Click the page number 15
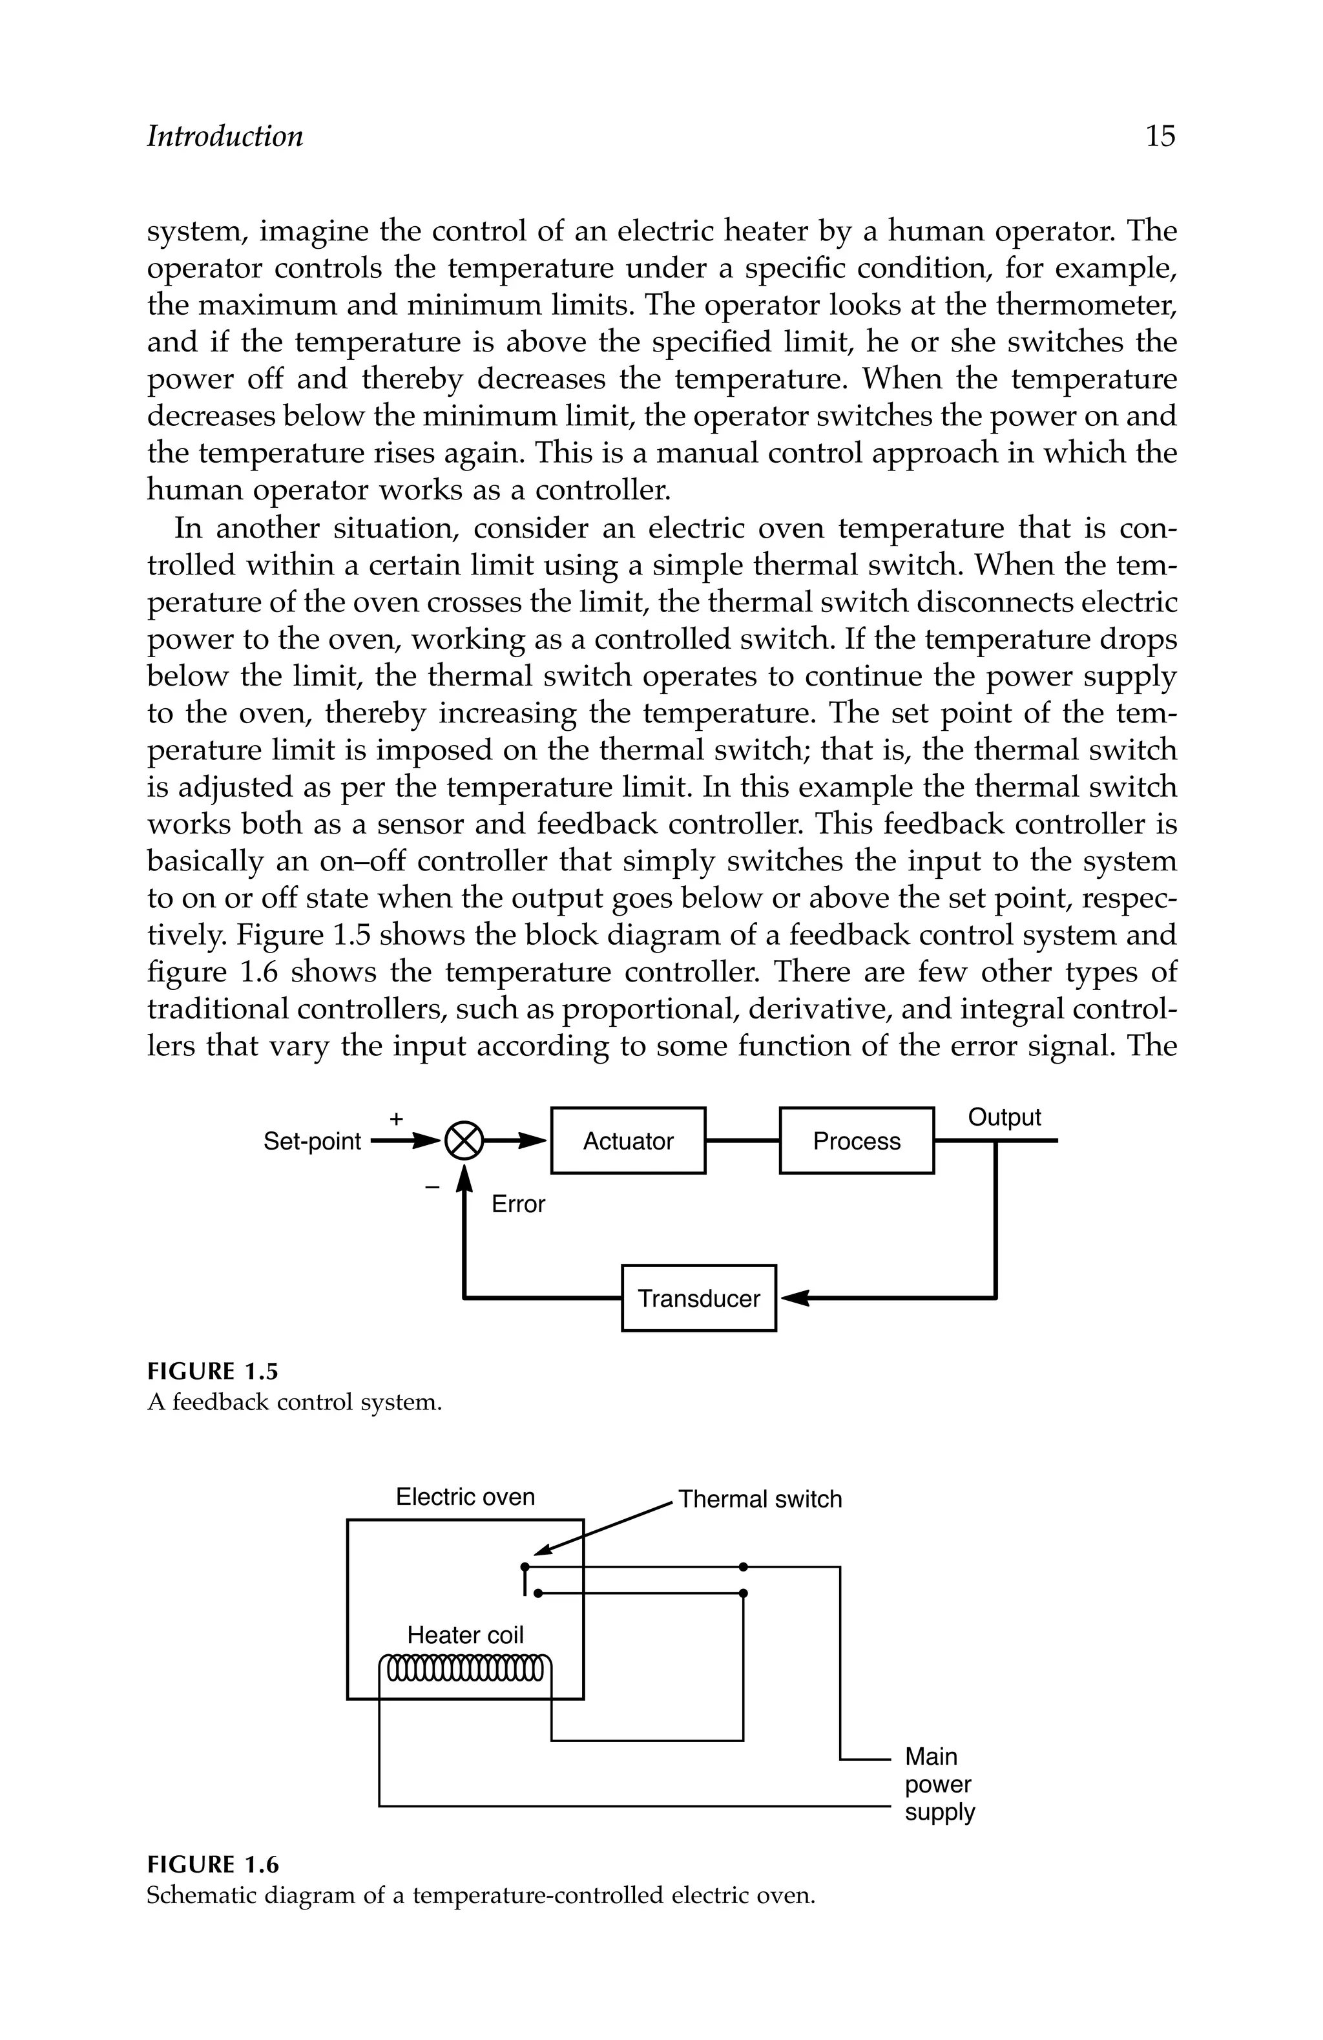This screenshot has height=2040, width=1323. pos(1160,136)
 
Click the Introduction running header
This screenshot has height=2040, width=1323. pos(225,136)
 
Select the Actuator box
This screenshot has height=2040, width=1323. pos(628,1141)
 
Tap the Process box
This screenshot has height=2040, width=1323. pos(856,1141)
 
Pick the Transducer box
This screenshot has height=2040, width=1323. pos(698,1299)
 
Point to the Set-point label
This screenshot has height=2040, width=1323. pos(312,1142)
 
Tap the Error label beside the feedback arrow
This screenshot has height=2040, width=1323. pos(517,1204)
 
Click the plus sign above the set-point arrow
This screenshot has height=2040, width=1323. pos(396,1119)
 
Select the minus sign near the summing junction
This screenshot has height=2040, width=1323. pos(432,1187)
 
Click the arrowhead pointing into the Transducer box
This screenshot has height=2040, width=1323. pos(793,1299)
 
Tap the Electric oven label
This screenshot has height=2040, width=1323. pos(464,1497)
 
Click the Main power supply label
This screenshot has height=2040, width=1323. pos(939,1785)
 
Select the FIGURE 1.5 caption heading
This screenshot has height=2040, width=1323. pos(213,1372)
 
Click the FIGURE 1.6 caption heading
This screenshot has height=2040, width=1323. pos(213,1865)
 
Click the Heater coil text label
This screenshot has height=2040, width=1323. pos(464,1635)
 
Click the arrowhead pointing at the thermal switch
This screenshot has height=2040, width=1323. pos(541,1551)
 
